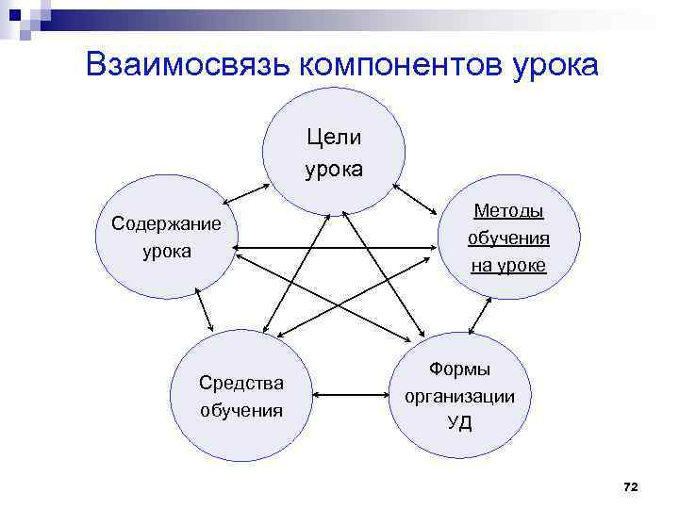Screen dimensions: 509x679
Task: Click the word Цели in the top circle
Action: point(334,138)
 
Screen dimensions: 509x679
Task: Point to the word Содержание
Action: point(166,223)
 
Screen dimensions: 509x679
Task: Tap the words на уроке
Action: point(508,265)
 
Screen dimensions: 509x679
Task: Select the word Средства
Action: point(241,383)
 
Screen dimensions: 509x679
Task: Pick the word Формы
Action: point(459,369)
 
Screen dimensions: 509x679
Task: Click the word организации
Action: point(459,396)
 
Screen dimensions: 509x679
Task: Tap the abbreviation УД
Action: point(459,422)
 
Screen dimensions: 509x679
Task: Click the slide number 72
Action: point(631,485)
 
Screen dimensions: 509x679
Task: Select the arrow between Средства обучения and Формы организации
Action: point(350,395)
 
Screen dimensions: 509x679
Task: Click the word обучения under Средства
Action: point(241,410)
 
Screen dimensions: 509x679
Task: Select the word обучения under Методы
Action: point(508,238)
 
